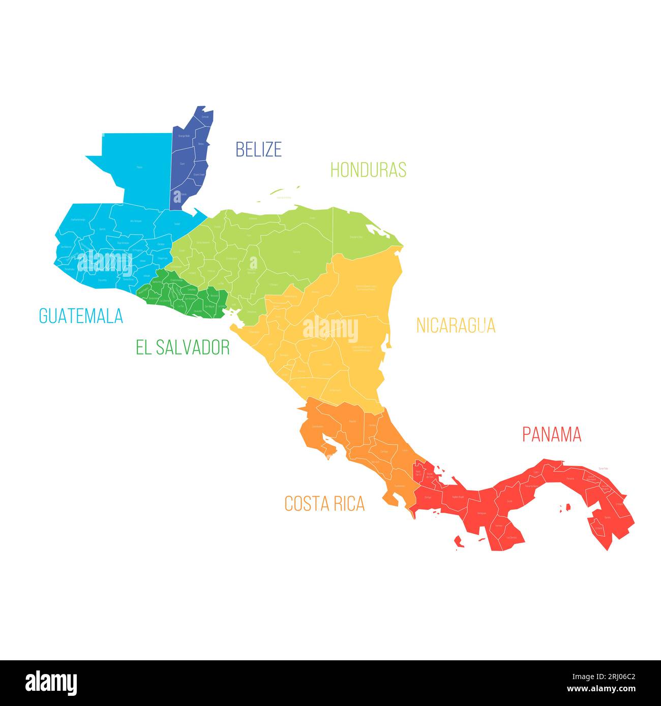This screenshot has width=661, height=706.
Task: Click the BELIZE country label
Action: (258, 149)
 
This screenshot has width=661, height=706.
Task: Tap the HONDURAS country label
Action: (368, 170)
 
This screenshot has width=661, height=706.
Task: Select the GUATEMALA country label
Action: (81, 316)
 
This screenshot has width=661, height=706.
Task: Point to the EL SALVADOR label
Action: (183, 347)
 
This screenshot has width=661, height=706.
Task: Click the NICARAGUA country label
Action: (456, 325)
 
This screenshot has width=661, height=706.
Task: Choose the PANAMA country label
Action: (552, 434)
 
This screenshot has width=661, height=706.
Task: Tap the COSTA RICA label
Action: (324, 503)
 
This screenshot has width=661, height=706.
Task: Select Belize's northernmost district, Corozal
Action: (205, 117)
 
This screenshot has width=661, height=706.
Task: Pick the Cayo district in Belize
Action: (182, 164)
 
